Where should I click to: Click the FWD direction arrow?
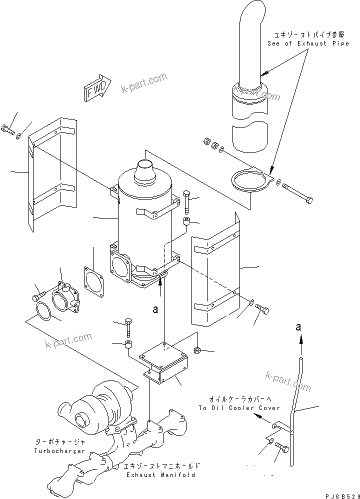click(98, 88)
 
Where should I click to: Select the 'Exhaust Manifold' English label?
click(160, 475)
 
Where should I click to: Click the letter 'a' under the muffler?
click(155, 309)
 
